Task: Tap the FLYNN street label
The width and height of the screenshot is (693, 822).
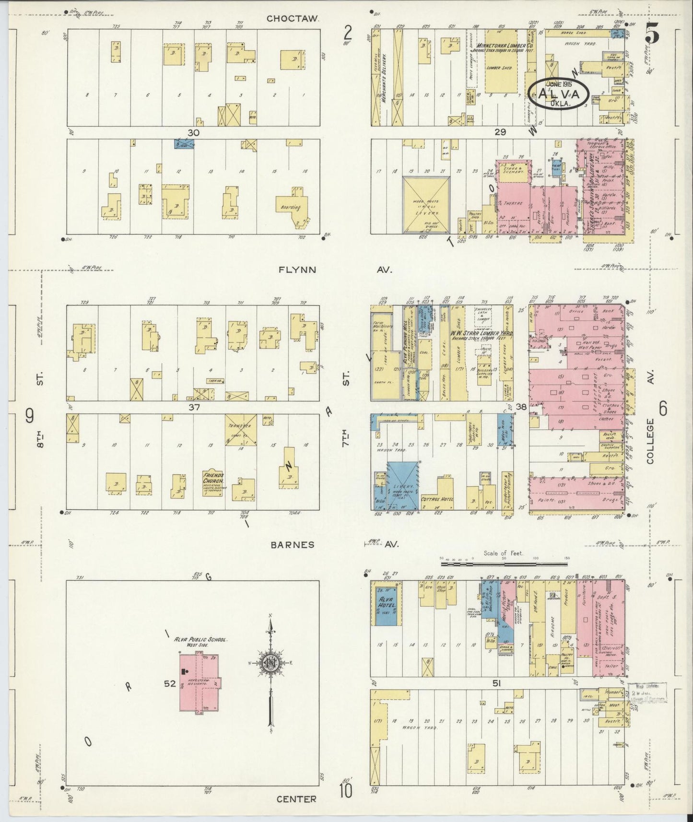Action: point(297,270)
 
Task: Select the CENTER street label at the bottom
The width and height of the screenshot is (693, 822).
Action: point(296,799)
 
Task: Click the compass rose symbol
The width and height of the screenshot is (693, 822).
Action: point(270,662)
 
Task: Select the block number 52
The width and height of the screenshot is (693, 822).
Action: point(170,683)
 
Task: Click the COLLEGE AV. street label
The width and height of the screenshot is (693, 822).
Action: point(650,441)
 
